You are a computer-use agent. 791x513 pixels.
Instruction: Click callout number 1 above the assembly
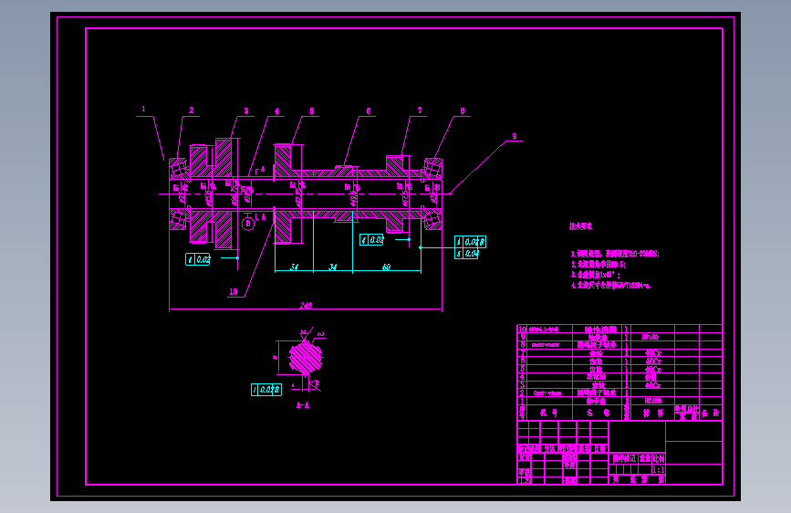tap(143, 108)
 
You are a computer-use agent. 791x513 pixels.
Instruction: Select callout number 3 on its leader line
tap(245, 110)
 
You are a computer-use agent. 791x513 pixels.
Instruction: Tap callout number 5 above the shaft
tap(311, 110)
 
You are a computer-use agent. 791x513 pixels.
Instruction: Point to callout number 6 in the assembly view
tap(369, 110)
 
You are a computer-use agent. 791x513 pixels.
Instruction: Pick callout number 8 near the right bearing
tap(463, 110)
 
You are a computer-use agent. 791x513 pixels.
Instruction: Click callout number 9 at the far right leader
tap(514, 136)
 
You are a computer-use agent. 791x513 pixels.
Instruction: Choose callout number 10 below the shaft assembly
tap(234, 293)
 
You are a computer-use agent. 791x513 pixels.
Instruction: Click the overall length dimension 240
tap(306, 306)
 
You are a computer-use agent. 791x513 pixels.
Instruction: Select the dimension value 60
tap(386, 267)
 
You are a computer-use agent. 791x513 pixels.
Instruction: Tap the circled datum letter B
tap(247, 221)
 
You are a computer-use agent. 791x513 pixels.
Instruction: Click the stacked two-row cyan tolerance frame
tap(470, 247)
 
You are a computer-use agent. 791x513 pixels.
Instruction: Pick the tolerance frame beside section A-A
tap(265, 390)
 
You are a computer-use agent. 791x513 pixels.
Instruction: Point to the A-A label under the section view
tap(304, 403)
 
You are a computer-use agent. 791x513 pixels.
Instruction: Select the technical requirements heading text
tap(581, 225)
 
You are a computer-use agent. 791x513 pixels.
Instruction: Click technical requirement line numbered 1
tap(615, 254)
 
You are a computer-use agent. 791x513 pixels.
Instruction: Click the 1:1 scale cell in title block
tap(658, 468)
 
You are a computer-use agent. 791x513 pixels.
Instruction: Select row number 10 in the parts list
tap(522, 329)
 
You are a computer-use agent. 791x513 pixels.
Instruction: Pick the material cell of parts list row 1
tap(652, 400)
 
